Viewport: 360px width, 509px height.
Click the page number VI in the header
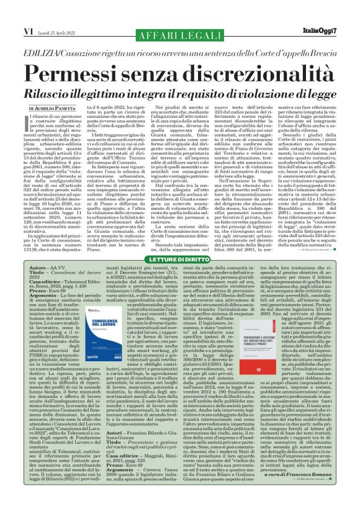11,13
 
